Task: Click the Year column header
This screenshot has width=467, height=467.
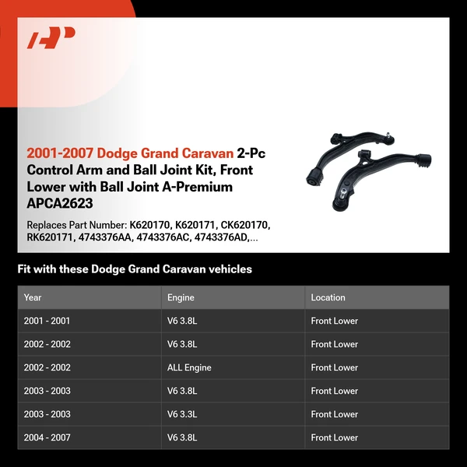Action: point(33,297)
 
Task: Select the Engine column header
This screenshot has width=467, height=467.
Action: point(181,297)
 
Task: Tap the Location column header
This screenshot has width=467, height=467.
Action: point(328,297)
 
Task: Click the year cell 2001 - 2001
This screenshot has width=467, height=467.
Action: point(47,321)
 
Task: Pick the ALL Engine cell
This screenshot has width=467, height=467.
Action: point(189,367)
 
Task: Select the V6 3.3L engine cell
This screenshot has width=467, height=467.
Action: point(182,414)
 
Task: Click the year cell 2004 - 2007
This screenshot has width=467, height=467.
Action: point(47,437)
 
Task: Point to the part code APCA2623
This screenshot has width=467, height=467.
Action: point(60,204)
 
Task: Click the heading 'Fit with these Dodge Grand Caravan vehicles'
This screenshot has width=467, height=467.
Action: point(135,269)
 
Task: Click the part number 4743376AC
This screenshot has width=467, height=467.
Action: point(163,237)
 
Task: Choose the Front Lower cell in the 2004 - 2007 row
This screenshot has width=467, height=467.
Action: point(334,437)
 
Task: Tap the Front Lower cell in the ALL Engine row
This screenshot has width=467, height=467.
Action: point(334,367)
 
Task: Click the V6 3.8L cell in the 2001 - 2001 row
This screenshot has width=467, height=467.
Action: point(182,321)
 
